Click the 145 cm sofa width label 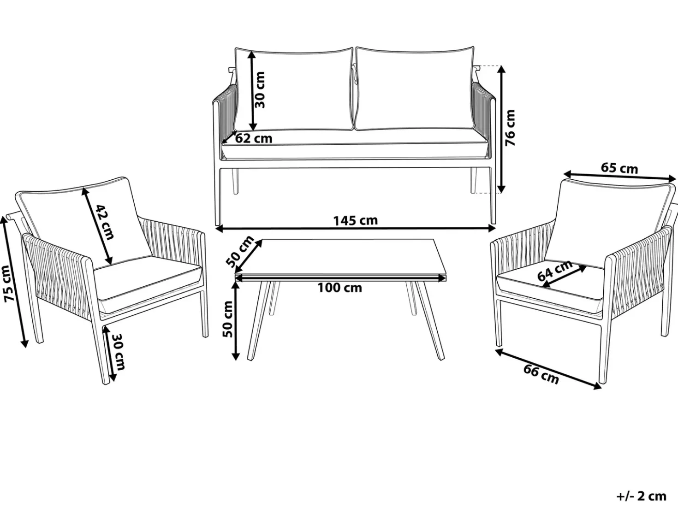click(x=355, y=221)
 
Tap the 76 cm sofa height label click(x=510, y=128)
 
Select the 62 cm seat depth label click(x=254, y=138)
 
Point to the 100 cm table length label click(x=340, y=288)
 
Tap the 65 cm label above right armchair click(x=619, y=168)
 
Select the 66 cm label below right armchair click(x=541, y=374)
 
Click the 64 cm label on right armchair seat click(x=555, y=271)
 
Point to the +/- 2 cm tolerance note click(x=642, y=496)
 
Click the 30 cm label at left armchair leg click(x=118, y=352)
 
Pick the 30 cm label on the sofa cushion click(x=260, y=90)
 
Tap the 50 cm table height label click(x=228, y=319)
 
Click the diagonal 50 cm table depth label click(x=240, y=251)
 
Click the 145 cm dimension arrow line click(x=355, y=229)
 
